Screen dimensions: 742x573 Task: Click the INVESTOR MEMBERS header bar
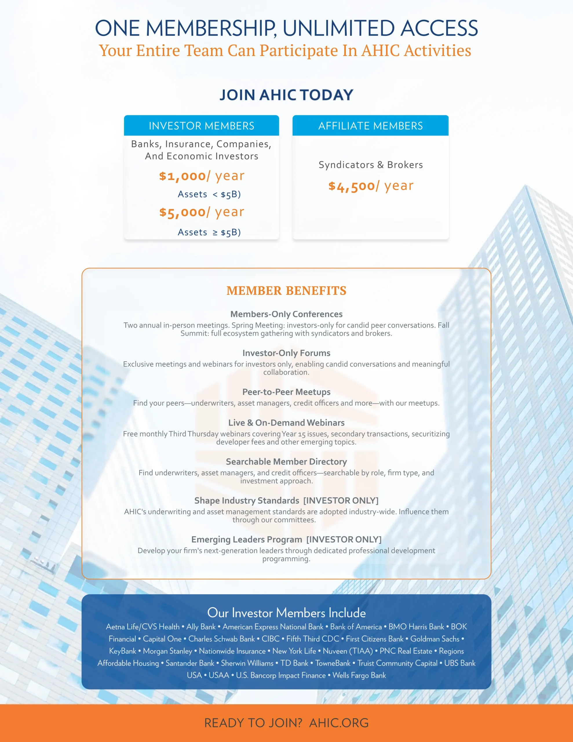point(201,126)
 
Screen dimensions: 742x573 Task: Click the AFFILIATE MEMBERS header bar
point(370,126)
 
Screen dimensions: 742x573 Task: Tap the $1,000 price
point(183,176)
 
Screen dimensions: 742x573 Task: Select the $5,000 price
point(183,212)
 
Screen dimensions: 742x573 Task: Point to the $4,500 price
point(352,186)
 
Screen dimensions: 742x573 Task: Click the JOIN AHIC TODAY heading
point(286,95)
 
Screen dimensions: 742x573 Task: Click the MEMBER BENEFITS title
point(286,291)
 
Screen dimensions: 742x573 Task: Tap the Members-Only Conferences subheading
point(286,314)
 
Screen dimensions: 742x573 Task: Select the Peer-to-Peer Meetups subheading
point(286,392)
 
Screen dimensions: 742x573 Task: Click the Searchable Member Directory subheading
point(286,461)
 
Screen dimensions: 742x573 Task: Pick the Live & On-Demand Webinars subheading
point(286,423)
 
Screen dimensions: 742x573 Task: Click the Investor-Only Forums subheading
point(286,353)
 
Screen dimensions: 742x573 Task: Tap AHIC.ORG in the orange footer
point(339,723)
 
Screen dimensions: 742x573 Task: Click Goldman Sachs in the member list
point(435,639)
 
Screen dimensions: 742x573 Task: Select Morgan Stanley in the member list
point(167,651)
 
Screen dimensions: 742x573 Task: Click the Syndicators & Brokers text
point(371,165)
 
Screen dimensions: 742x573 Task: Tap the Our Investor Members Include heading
point(286,612)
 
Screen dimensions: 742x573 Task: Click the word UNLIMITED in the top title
point(338,28)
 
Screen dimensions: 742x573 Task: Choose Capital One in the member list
point(162,639)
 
